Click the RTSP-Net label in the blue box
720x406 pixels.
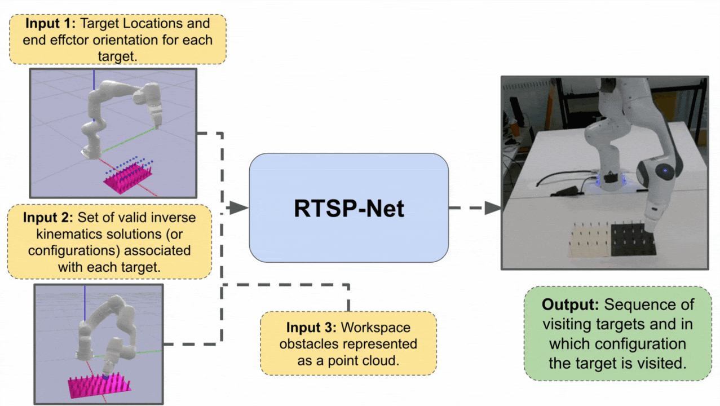coord(348,209)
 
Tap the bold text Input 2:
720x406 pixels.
coord(48,217)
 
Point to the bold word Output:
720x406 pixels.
coord(571,305)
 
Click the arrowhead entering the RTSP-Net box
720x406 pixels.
coord(240,208)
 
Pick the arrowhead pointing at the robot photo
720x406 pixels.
coord(493,208)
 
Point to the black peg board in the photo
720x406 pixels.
coord(631,240)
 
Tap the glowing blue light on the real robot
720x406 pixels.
coord(666,169)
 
